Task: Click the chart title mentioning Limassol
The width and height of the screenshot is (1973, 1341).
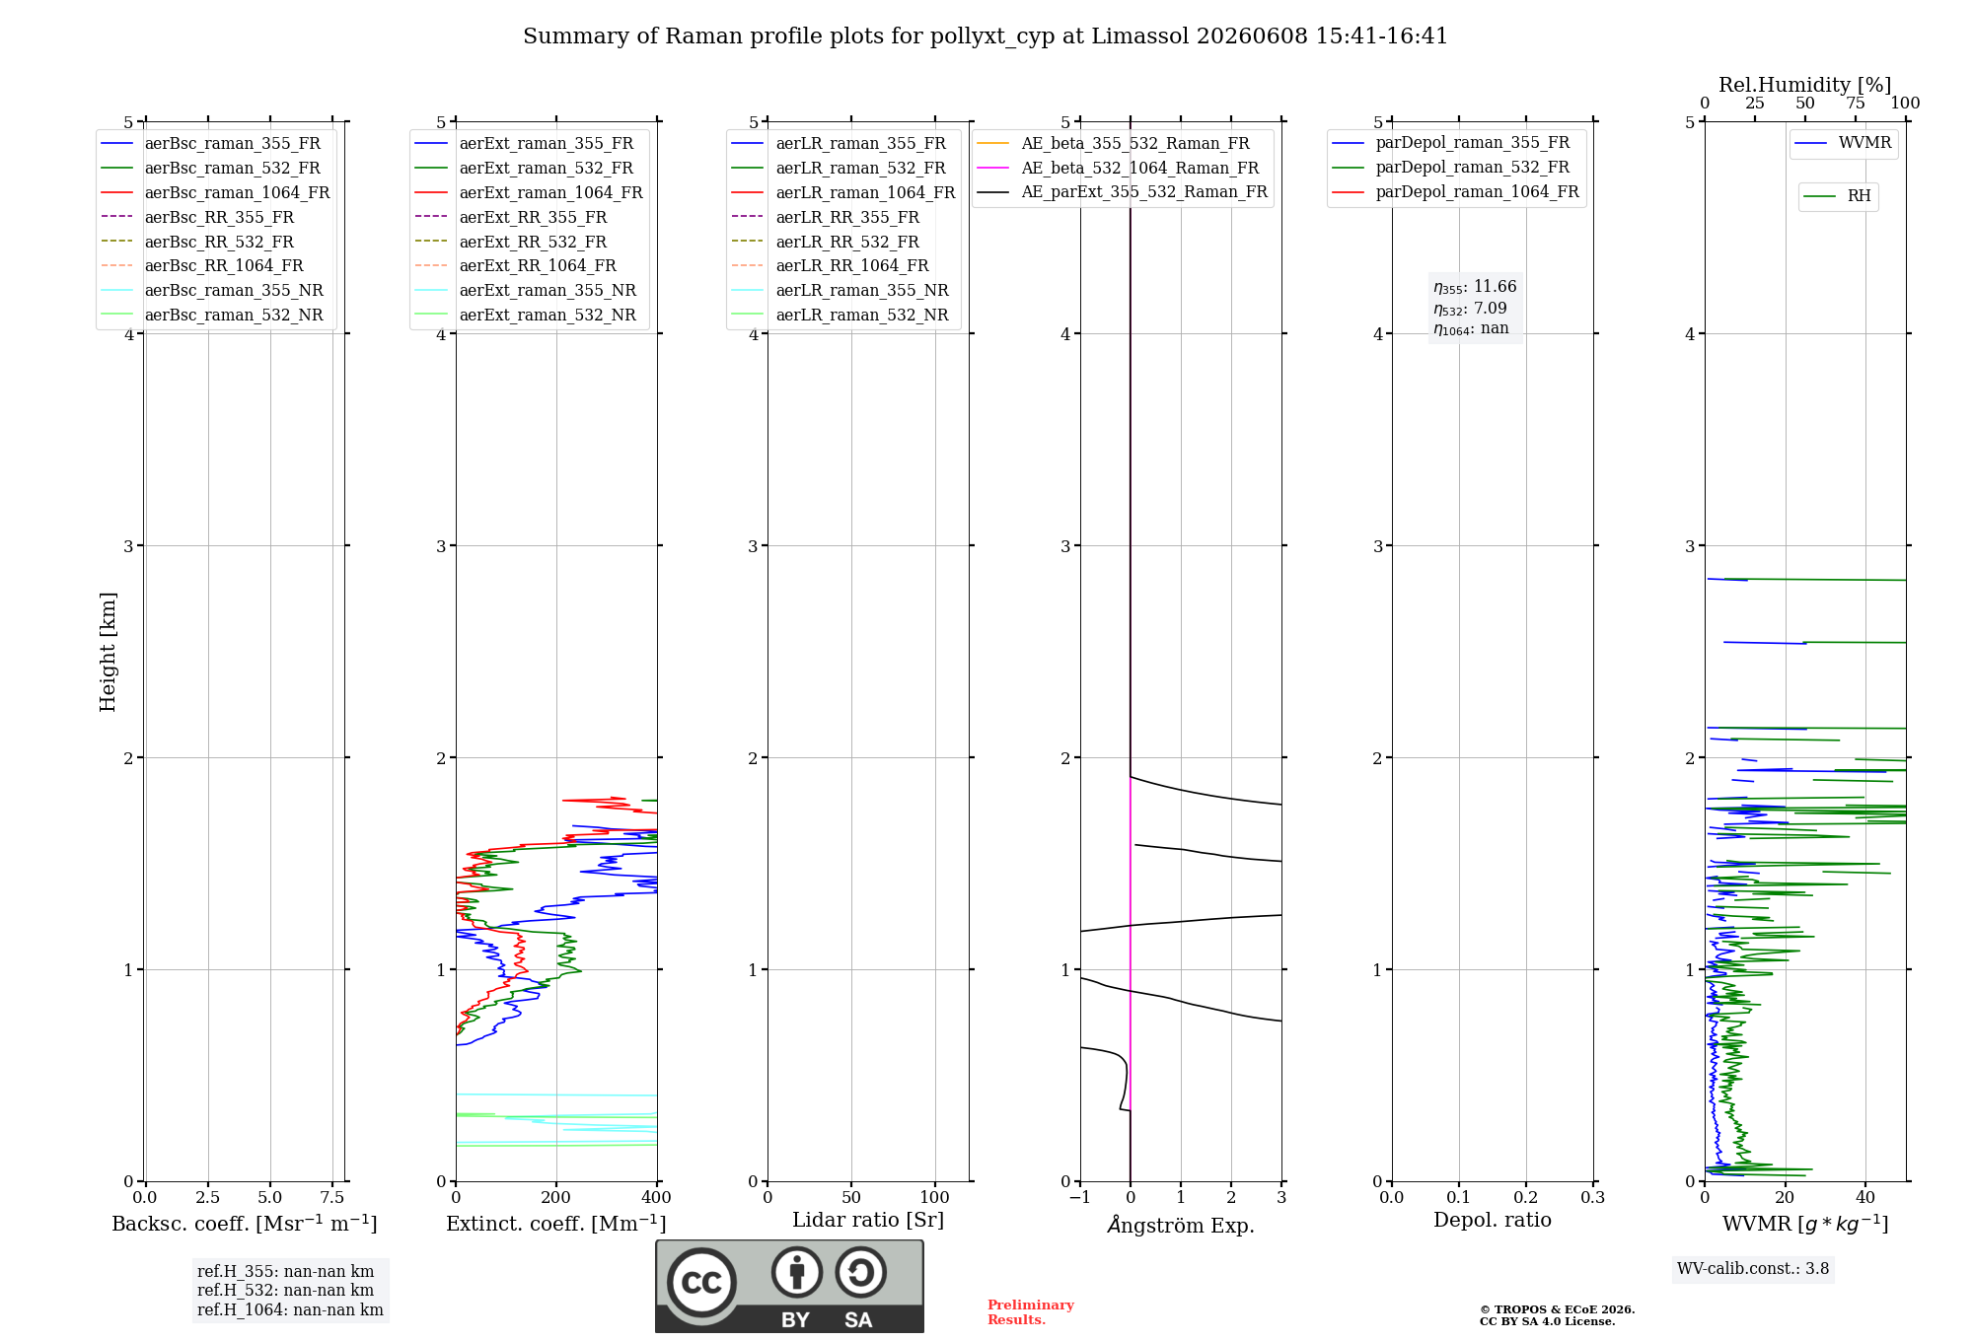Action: [986, 36]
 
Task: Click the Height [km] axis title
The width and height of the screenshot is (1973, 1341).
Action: [108, 652]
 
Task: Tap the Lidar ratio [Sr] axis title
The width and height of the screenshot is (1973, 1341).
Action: [868, 1220]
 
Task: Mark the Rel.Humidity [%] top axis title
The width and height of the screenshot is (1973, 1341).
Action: [1805, 85]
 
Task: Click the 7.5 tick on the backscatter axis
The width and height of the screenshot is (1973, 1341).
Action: [332, 1197]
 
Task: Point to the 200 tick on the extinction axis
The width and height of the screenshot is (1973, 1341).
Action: [556, 1197]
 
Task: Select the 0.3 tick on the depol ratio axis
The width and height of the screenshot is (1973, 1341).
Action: [1593, 1197]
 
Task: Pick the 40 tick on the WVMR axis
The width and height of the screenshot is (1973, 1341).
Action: [1865, 1197]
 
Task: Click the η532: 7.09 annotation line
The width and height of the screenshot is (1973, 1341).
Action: [1470, 309]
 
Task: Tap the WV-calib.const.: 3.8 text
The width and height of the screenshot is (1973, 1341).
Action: [1753, 1269]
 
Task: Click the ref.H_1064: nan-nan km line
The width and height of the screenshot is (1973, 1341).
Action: [290, 1309]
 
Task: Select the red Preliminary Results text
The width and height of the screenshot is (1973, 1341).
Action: [1031, 1312]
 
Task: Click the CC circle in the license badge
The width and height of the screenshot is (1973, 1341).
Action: [701, 1283]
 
